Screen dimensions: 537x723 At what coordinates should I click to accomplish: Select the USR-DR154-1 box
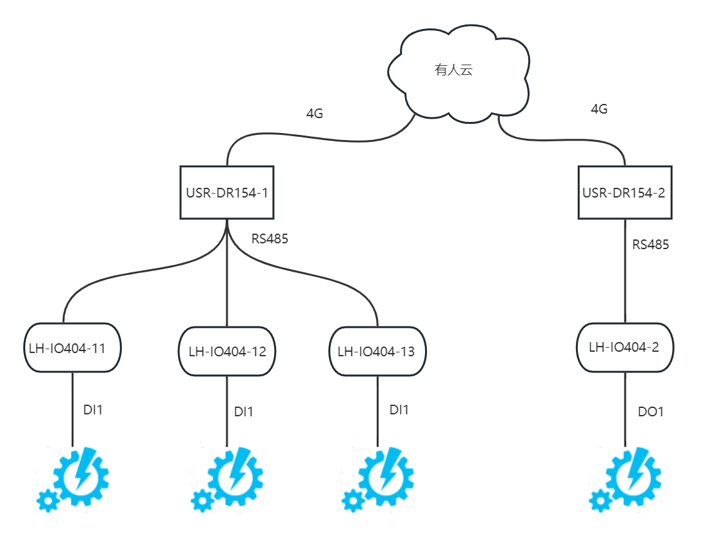(226, 192)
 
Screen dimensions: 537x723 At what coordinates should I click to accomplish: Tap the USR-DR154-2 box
(624, 192)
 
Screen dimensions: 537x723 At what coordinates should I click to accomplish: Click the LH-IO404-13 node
(377, 352)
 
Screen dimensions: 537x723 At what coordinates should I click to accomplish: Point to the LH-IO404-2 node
(624, 347)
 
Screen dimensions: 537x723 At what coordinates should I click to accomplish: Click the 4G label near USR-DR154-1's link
(314, 114)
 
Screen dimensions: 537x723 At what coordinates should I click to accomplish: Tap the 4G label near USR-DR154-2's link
(599, 109)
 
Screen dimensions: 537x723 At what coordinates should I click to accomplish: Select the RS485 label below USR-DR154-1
(269, 239)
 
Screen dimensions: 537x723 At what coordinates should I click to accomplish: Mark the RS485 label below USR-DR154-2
(650, 245)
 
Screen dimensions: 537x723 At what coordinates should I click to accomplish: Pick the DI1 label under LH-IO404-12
(244, 412)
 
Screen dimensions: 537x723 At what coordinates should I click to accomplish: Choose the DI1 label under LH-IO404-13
(399, 409)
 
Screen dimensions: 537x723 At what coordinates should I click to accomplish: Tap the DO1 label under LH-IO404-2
(650, 411)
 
